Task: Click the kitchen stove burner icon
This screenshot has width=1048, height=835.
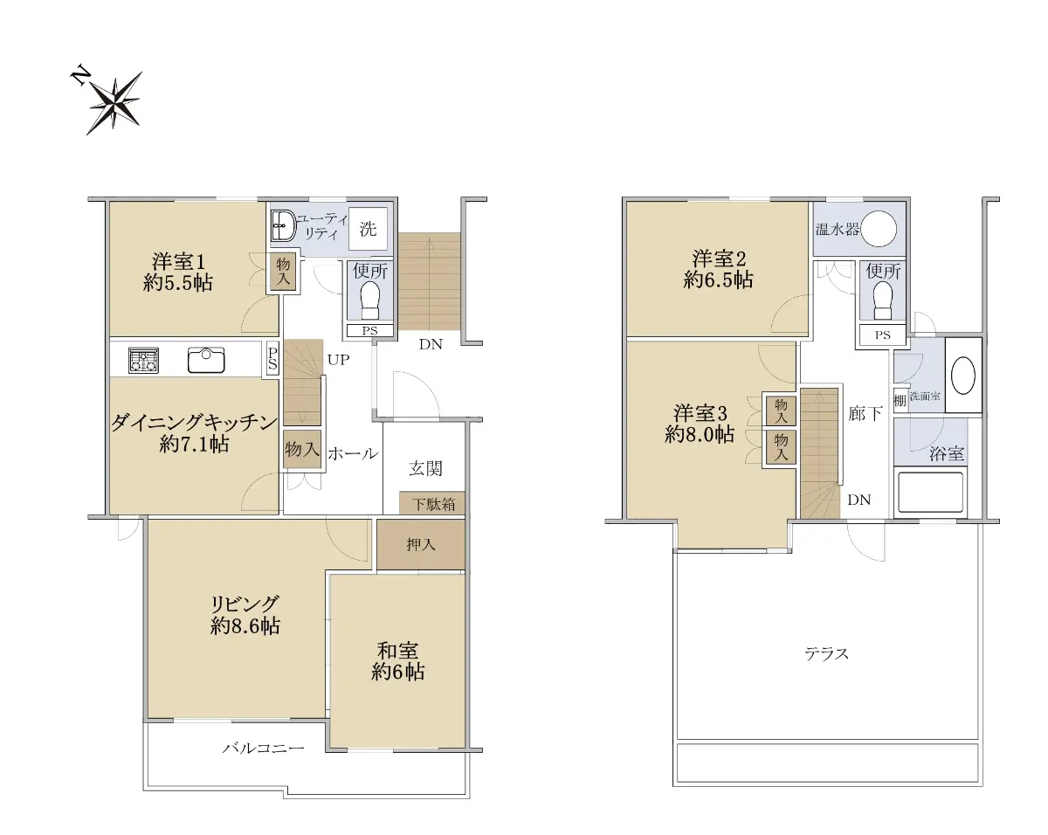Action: (x=143, y=361)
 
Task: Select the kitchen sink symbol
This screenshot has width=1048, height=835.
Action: (x=206, y=360)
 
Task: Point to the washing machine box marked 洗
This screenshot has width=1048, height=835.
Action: (x=369, y=229)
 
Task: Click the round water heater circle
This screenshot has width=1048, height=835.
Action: (x=879, y=229)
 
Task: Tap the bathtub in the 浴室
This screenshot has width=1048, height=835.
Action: (x=930, y=493)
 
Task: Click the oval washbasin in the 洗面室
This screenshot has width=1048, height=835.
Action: (x=962, y=376)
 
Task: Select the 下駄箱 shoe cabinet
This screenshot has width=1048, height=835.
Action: (x=432, y=503)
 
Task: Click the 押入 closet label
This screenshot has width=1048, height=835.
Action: (x=421, y=544)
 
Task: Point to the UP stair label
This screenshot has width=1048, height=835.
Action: (x=339, y=360)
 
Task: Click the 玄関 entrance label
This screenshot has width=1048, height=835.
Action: (x=425, y=469)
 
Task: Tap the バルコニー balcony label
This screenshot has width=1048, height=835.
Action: (x=264, y=748)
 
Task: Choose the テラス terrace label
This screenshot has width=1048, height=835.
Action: (x=826, y=653)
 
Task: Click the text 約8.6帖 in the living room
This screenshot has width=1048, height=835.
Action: (x=245, y=626)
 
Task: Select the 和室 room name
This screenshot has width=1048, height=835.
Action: (x=397, y=651)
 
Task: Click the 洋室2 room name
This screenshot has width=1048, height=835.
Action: (x=719, y=259)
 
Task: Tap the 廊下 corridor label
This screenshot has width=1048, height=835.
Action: (x=865, y=414)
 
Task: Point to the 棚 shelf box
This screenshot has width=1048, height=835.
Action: (x=900, y=399)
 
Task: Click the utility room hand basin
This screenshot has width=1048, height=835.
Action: (x=282, y=225)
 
